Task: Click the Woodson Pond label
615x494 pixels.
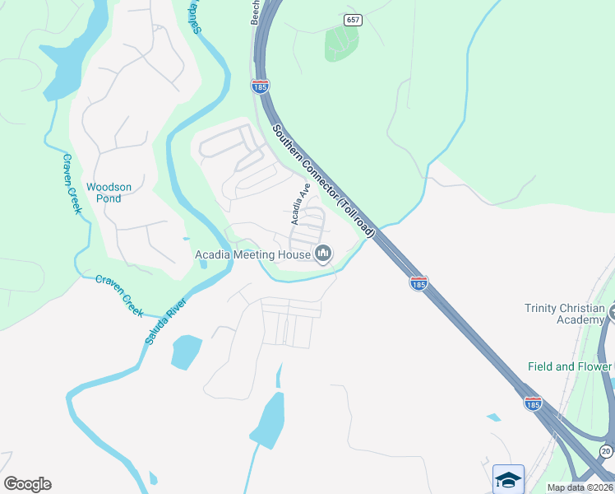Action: click(x=109, y=193)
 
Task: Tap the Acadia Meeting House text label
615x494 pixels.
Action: click(x=252, y=254)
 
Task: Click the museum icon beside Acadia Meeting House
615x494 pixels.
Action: click(x=322, y=254)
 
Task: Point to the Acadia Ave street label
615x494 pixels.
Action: click(x=298, y=204)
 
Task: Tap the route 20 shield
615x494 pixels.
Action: click(x=606, y=451)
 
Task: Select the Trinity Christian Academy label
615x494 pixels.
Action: click(x=564, y=314)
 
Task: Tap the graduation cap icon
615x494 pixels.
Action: click(x=508, y=479)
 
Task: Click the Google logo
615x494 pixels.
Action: click(x=27, y=484)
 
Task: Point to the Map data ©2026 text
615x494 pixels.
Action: click(x=580, y=487)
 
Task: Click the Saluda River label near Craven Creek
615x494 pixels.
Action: click(x=165, y=320)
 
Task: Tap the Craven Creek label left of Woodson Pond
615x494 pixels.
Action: click(x=72, y=184)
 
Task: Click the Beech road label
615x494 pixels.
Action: click(x=256, y=12)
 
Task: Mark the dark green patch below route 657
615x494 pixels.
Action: click(x=341, y=43)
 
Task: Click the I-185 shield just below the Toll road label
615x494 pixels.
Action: click(x=418, y=283)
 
